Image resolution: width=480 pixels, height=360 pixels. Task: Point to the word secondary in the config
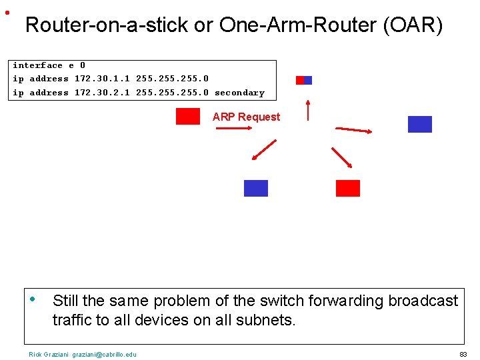[239, 93]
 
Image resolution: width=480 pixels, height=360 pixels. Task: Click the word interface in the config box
[37, 65]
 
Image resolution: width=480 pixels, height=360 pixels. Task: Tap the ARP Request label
[246, 117]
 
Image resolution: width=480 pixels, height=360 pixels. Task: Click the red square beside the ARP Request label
[188, 117]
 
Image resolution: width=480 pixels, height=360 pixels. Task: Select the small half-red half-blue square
[304, 80]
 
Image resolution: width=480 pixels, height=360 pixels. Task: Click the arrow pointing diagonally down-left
[264, 150]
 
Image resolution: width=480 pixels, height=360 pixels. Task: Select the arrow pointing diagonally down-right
[342, 157]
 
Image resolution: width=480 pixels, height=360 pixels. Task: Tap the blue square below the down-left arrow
[256, 188]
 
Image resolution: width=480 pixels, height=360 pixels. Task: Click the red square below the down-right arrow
[348, 188]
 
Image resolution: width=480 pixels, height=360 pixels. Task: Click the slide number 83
[463, 354]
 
